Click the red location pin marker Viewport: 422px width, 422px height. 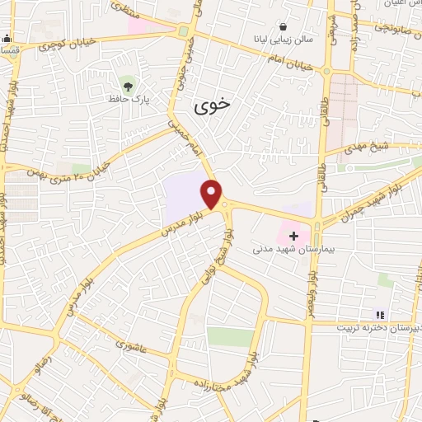(x=213, y=194)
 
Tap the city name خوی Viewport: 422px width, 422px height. (x=213, y=106)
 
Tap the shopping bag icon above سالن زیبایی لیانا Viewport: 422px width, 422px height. (x=284, y=26)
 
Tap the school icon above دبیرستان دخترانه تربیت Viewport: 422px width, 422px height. (x=380, y=313)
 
